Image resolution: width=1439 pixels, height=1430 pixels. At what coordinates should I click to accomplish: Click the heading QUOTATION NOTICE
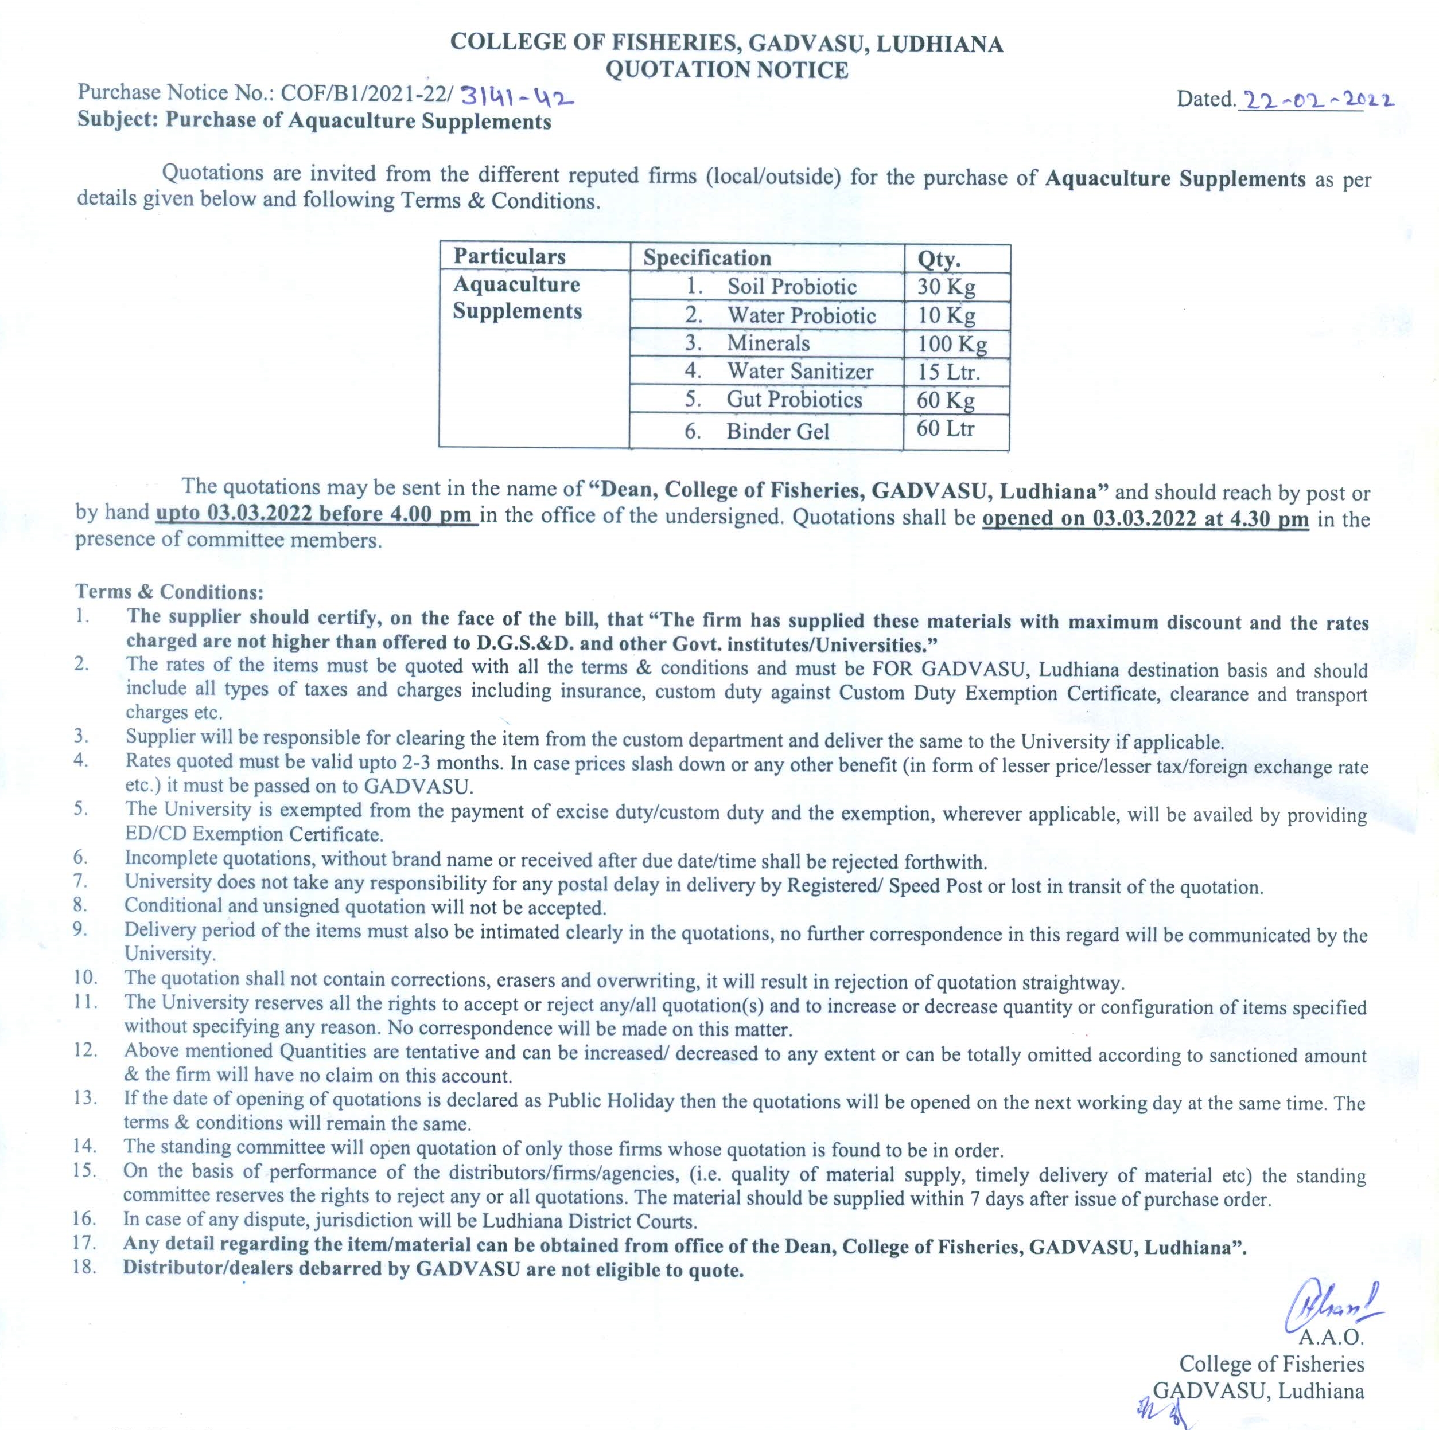(x=726, y=70)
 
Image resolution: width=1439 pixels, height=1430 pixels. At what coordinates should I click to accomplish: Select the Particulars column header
(x=510, y=257)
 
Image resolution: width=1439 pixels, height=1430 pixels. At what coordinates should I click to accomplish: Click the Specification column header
(x=707, y=259)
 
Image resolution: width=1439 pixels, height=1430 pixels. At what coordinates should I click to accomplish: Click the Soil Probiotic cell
(x=792, y=287)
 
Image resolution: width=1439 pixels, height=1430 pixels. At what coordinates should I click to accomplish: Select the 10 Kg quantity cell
(x=946, y=315)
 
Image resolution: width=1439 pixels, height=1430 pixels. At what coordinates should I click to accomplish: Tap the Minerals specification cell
(x=768, y=343)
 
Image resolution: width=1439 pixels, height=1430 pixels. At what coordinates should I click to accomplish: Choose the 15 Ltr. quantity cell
(x=948, y=372)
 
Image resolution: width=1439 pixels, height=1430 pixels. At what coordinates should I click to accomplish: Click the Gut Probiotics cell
(x=794, y=400)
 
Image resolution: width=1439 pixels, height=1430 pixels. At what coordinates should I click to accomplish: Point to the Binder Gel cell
(x=777, y=432)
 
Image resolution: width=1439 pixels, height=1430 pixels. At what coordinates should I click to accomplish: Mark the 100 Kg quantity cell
(x=952, y=344)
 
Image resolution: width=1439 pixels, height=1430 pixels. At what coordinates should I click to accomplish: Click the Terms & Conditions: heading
(x=170, y=592)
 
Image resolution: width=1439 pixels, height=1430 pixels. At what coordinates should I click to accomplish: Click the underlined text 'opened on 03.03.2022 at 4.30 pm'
(x=1146, y=519)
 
